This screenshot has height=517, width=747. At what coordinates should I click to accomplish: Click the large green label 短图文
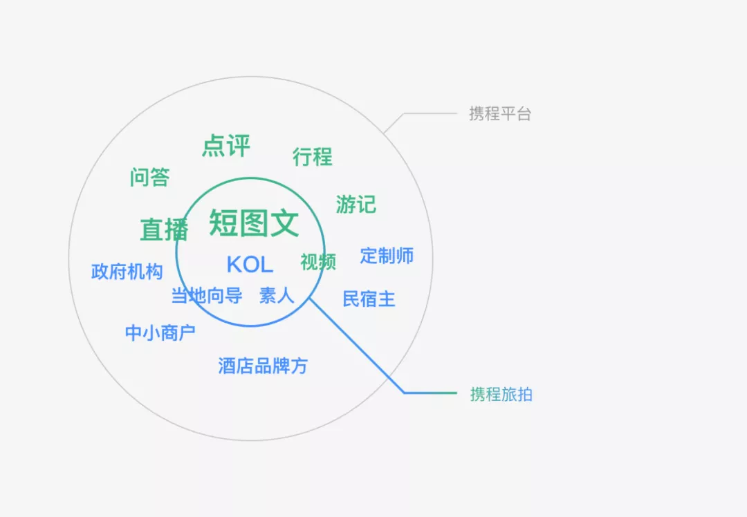click(254, 223)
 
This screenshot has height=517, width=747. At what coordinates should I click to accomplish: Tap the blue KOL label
click(250, 264)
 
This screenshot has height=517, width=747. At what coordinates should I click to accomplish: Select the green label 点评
click(225, 146)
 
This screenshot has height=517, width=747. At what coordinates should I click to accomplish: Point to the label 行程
click(312, 157)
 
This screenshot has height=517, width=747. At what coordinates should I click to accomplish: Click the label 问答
click(149, 177)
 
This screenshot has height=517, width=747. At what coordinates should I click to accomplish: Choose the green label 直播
click(164, 229)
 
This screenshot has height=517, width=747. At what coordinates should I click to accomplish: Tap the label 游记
click(356, 204)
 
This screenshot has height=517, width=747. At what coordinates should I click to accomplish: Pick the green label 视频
click(317, 261)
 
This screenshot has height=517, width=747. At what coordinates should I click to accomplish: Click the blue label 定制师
click(387, 255)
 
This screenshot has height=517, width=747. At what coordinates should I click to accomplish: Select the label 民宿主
click(369, 299)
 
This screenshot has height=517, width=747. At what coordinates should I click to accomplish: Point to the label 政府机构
click(127, 271)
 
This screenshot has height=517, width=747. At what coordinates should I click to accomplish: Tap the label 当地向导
click(206, 296)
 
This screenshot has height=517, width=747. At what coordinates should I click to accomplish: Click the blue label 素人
click(277, 296)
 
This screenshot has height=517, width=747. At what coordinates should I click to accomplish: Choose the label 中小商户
click(160, 332)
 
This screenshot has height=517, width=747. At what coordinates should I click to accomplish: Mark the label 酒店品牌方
click(263, 366)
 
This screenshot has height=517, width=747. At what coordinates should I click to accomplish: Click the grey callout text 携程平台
click(499, 114)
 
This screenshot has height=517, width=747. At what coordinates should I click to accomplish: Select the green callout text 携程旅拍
click(501, 395)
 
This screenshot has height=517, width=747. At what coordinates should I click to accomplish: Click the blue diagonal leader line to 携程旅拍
click(356, 346)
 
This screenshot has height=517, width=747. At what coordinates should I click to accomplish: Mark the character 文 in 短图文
click(284, 223)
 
